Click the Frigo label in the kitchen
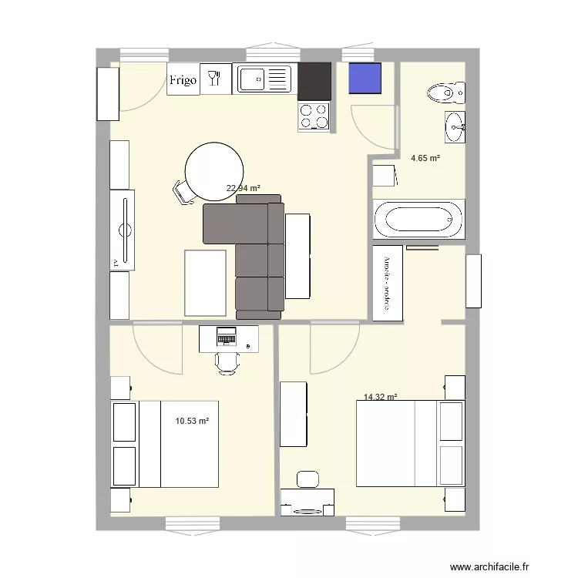[x=183, y=79]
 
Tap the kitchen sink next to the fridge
[x=264, y=79]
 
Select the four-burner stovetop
[x=314, y=116]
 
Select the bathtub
[x=419, y=219]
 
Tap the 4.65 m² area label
[x=425, y=158]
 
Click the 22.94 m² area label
[x=242, y=187]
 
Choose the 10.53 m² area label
[x=192, y=421]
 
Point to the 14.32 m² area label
[x=380, y=398]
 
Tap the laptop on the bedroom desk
[x=227, y=337]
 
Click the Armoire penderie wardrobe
[x=388, y=283]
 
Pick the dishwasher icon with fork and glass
[x=215, y=79]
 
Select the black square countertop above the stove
[x=314, y=82]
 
